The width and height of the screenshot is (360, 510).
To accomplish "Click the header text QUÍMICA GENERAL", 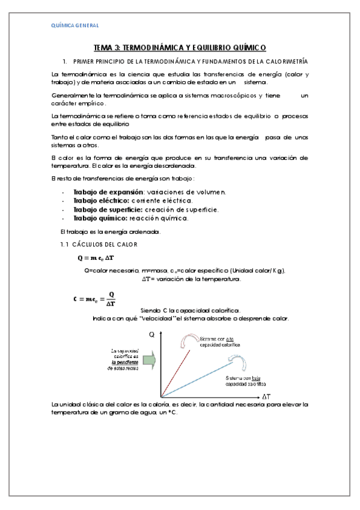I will [74, 25].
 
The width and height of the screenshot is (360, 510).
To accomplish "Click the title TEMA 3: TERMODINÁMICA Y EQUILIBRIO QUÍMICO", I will [180, 48].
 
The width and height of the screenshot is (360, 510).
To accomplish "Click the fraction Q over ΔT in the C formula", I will [110, 299].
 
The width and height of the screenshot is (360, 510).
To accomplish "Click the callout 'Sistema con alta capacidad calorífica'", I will [220, 342].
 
